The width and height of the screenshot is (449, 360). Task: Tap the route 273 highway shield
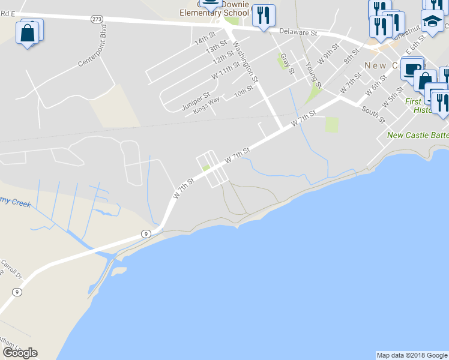pos(97,19)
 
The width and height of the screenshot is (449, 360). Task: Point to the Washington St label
pos(246,61)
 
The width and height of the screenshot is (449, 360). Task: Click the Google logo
pos(20,353)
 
